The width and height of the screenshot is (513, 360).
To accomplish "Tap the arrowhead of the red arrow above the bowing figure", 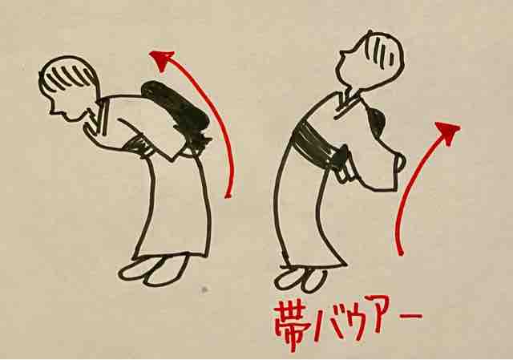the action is point(162,60).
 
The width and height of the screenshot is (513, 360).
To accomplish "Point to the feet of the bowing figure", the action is point(155,269).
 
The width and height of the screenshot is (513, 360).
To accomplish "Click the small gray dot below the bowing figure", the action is point(204,289).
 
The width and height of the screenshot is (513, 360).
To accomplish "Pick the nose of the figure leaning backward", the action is point(342,54).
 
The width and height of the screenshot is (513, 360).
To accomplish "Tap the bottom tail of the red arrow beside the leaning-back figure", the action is point(401,253).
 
